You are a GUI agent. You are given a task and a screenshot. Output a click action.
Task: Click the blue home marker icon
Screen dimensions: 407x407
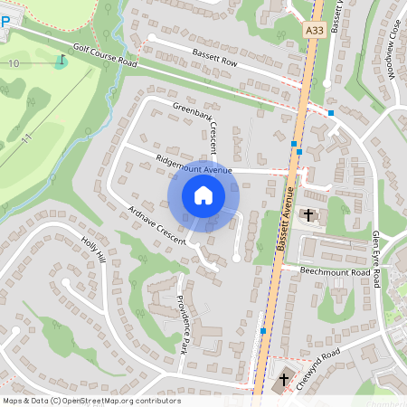[203, 195]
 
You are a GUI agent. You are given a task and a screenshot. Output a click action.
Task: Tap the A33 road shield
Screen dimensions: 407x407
[314, 30]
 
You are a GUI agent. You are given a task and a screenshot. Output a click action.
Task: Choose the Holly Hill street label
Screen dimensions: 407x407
[94, 246]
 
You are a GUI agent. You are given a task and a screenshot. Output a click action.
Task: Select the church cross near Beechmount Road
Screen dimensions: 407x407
[309, 215]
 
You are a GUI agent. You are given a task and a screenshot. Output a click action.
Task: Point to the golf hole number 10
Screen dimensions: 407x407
[14, 64]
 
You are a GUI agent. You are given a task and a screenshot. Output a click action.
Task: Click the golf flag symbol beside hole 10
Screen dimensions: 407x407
[61, 61]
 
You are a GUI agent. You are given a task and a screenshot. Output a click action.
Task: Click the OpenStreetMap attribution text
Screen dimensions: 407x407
[91, 401]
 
